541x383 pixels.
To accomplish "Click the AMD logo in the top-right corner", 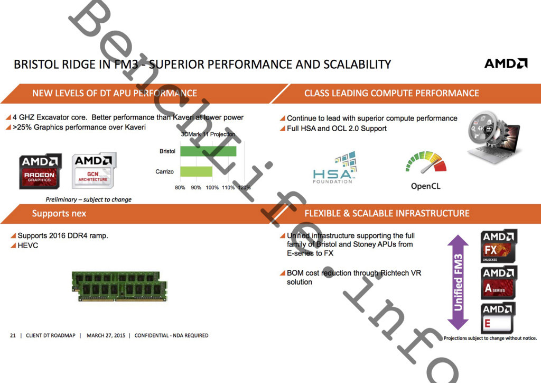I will [x=506, y=63].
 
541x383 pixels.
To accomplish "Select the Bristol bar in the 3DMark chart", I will [x=208, y=151].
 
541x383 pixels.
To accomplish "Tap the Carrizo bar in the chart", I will [x=196, y=171].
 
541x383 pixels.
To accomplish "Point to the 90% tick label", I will [x=196, y=187].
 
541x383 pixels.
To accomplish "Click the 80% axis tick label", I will [x=180, y=187].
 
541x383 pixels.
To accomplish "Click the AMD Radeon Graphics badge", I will [x=40, y=171].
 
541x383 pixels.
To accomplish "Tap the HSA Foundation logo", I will [x=334, y=168].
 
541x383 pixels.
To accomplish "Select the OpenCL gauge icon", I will [x=426, y=162].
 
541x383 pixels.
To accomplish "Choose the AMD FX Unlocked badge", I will [x=498, y=247].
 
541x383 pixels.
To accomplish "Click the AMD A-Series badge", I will [x=498, y=282].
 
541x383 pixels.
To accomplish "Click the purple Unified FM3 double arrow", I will [x=458, y=282].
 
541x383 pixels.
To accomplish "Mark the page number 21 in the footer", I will [x=13, y=335].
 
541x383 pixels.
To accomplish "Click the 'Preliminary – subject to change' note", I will [x=88, y=199].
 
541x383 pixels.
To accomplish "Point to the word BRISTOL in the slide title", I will [x=36, y=65].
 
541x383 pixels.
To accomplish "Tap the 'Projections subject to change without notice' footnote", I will [x=490, y=338].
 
